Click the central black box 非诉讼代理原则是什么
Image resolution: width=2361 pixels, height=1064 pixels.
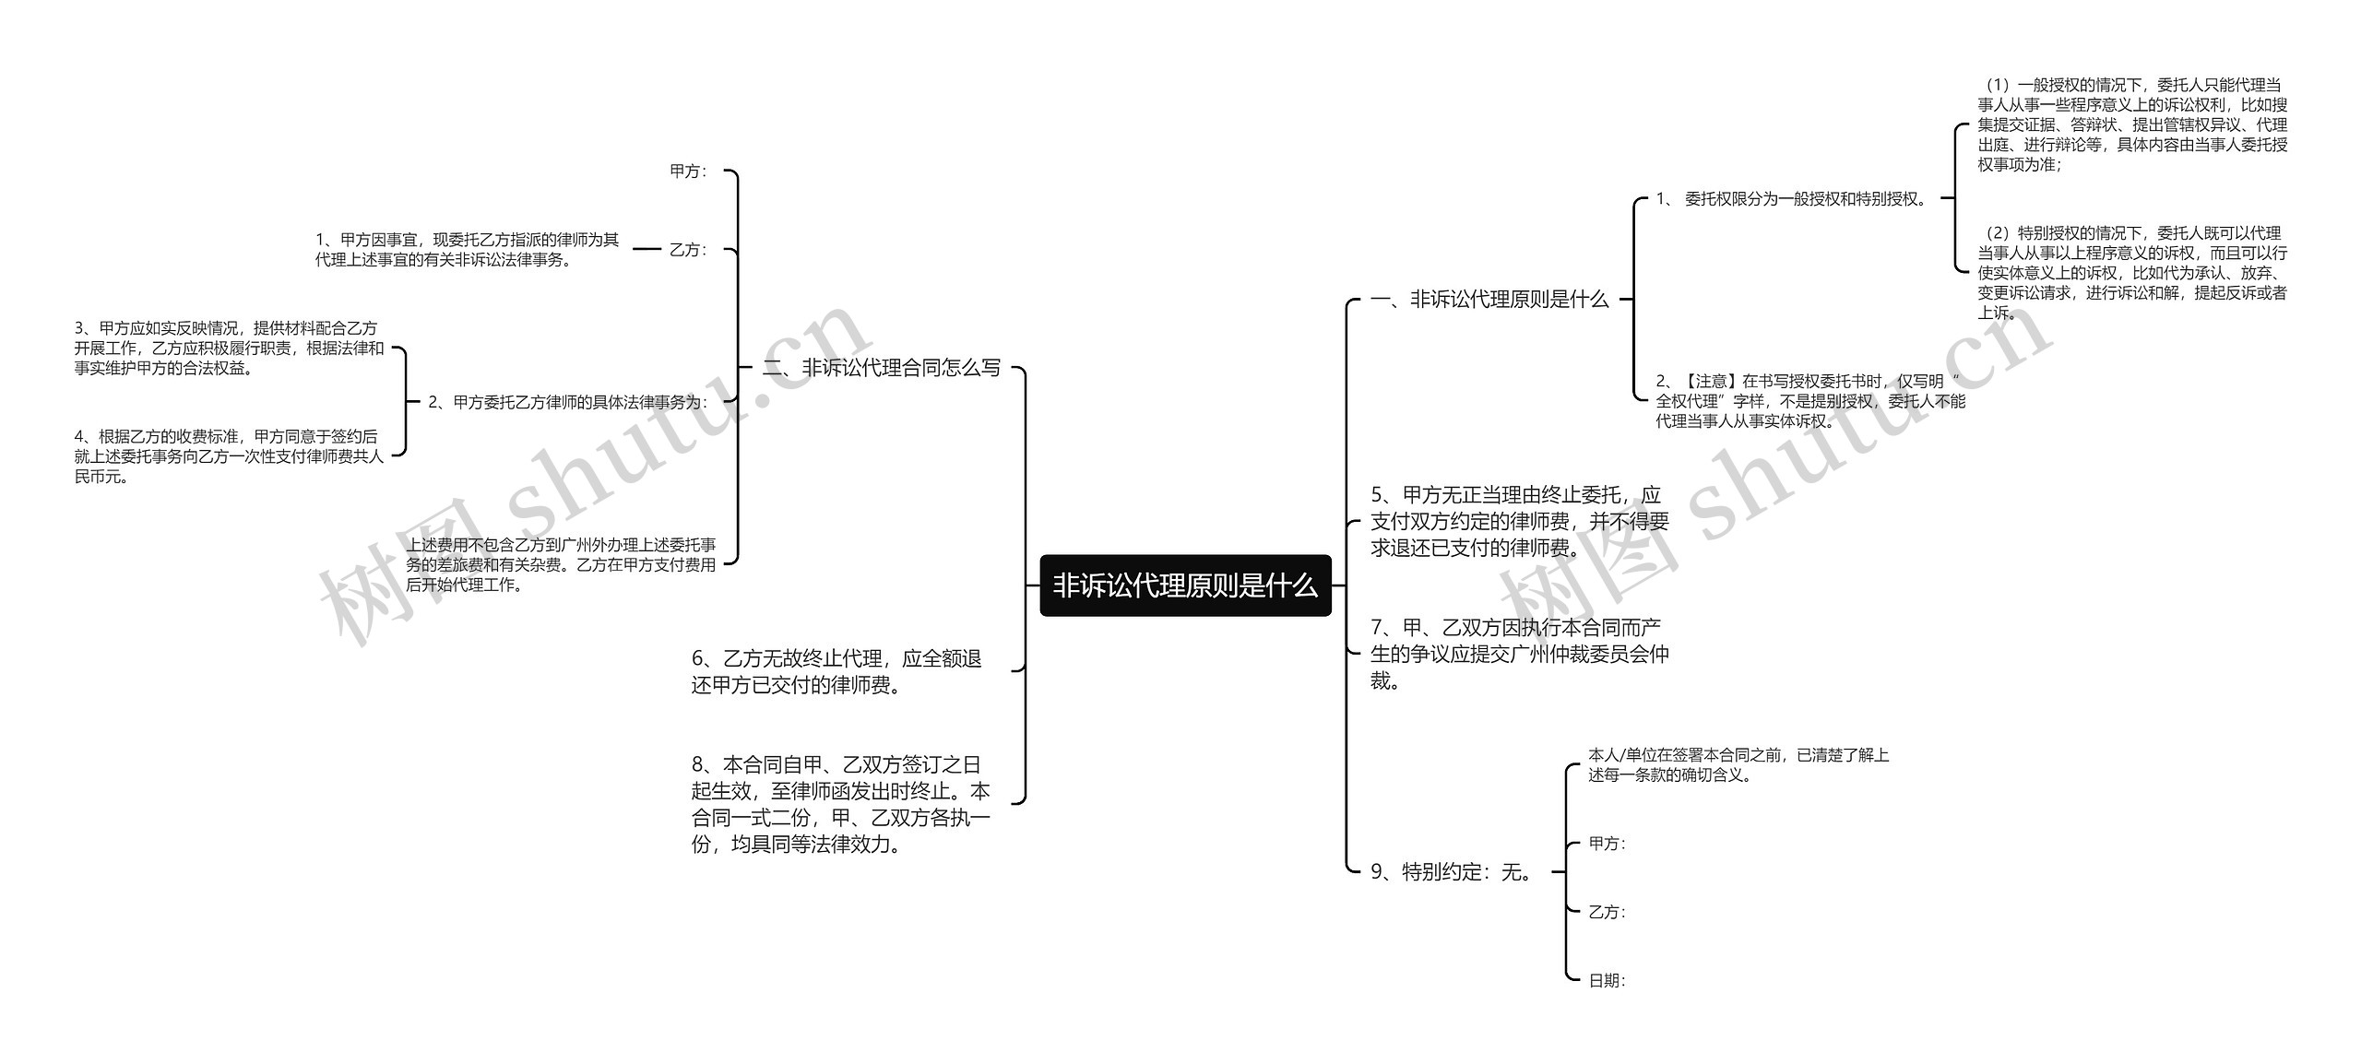point(1185,585)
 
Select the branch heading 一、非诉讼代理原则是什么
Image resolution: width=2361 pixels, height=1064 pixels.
point(1489,299)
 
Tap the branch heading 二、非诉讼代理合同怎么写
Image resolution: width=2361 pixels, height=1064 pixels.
point(882,368)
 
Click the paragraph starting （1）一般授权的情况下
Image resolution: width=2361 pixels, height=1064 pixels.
point(2131,124)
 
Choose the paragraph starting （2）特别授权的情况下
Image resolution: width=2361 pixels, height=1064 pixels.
point(2131,273)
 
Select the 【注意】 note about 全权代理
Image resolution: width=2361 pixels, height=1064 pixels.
point(1809,401)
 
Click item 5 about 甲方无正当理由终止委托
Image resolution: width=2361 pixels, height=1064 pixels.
point(1519,522)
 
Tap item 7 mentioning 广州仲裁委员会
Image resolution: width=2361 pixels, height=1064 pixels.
point(1519,654)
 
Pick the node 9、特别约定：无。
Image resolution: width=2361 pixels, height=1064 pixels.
point(1453,871)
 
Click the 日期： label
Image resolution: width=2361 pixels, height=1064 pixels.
point(1607,981)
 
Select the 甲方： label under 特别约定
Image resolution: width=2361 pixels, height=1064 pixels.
point(1607,844)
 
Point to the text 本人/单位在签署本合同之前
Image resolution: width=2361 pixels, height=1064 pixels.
point(1738,765)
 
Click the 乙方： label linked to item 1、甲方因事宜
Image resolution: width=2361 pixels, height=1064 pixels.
point(688,250)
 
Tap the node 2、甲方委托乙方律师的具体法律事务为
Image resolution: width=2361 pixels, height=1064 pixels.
point(567,402)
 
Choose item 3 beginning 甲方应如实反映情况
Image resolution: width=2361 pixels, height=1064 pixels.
point(229,349)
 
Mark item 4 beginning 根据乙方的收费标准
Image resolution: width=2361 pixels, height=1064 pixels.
point(229,456)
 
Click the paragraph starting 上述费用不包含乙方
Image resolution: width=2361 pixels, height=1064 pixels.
point(561,564)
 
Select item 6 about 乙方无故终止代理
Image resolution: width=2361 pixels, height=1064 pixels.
point(836,671)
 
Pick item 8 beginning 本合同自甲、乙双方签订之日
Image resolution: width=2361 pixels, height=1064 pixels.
point(840,804)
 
